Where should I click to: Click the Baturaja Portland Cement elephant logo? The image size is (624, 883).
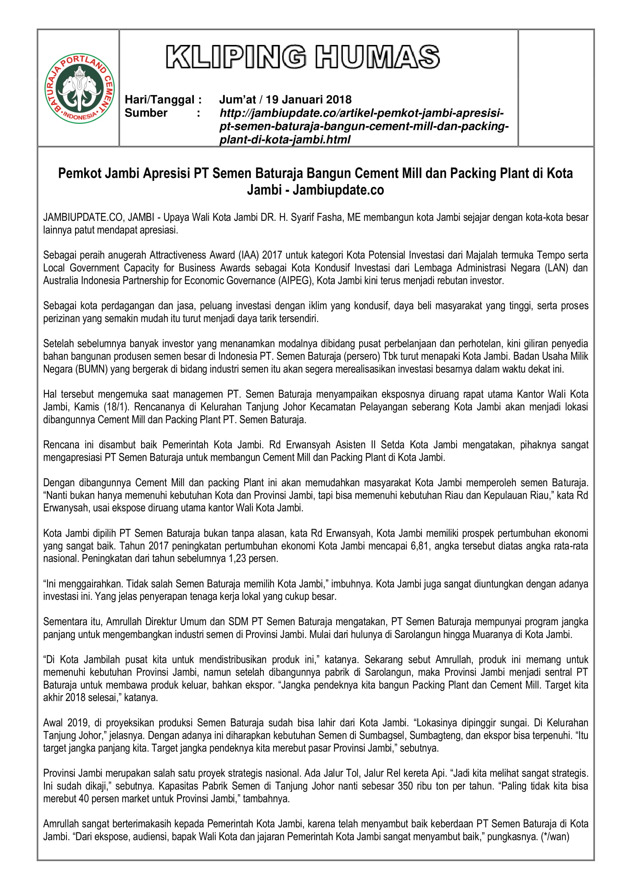80,88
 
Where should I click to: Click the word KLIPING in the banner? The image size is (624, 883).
236,57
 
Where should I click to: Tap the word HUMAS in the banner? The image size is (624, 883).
377,57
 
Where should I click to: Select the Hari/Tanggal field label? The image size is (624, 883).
163,100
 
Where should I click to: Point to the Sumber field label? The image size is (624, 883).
146,113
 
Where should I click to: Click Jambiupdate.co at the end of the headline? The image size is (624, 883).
338,190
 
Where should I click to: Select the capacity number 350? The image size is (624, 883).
405,786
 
